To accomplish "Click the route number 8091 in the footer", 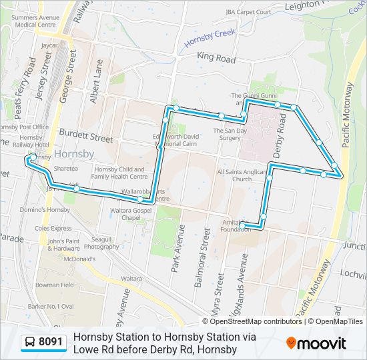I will [51, 343].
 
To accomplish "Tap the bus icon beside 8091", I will [30, 343].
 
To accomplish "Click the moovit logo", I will [316, 343].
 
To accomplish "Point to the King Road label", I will [216, 59].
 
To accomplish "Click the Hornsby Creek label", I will [211, 37].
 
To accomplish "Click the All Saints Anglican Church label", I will [242, 175].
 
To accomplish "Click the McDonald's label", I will [79, 259].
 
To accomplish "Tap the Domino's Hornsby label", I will [45, 209].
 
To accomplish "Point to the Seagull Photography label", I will [101, 243].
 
